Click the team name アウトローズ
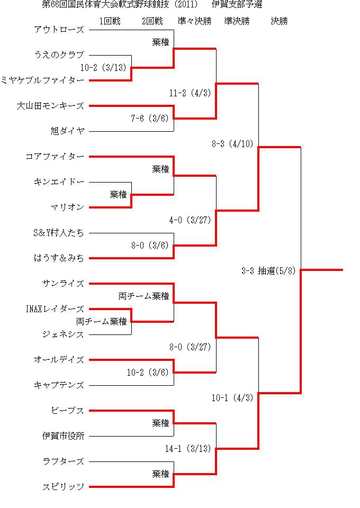(59, 30)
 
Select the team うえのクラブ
(59, 55)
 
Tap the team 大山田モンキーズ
(50, 106)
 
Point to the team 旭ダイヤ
(67, 131)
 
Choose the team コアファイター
(55, 157)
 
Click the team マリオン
(67, 207)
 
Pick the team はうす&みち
(59, 258)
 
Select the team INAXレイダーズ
(55, 309)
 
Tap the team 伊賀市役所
(63, 436)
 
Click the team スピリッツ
(63, 487)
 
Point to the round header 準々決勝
(194, 21)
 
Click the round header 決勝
(280, 21)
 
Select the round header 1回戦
(110, 21)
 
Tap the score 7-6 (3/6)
(150, 119)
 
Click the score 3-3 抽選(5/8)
(268, 271)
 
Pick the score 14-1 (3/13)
(188, 449)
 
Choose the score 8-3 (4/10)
(232, 144)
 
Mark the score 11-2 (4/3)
(190, 93)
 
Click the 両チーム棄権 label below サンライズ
(143, 296)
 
